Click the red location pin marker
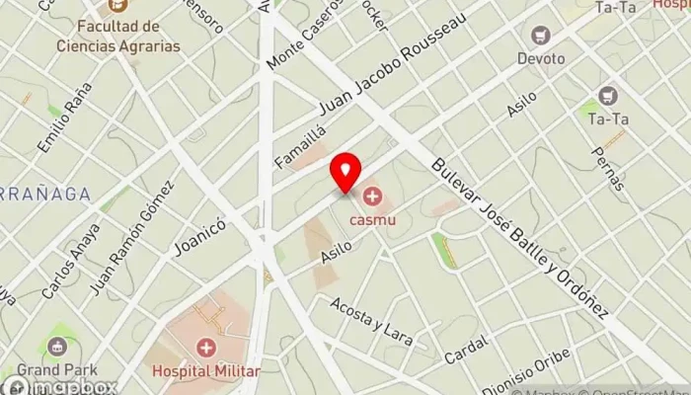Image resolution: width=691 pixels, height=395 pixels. (345, 173)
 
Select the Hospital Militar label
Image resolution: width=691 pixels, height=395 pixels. (206, 371)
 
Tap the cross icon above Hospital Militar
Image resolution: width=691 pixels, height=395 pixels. (206, 348)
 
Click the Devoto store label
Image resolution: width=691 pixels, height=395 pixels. (541, 58)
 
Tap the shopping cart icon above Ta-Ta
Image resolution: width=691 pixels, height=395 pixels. (608, 97)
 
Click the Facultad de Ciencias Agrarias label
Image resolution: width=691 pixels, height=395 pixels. (131, 38)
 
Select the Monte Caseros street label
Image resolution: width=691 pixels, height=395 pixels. (304, 37)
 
